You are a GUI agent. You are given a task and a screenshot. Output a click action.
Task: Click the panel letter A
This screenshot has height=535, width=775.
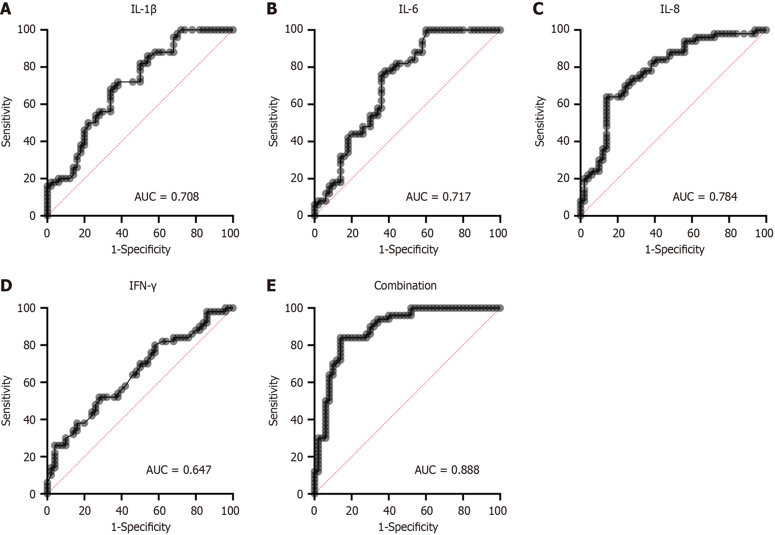(6, 9)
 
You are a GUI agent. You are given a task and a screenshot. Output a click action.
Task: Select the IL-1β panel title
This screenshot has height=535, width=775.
(144, 9)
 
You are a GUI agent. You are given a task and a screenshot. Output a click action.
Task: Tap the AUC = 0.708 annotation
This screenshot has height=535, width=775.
(166, 197)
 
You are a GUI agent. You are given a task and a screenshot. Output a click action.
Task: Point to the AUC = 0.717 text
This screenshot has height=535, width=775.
(438, 197)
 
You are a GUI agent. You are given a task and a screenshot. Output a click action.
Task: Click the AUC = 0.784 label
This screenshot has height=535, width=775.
(705, 197)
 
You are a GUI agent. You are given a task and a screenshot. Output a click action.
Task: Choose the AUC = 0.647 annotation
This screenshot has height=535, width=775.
(178, 470)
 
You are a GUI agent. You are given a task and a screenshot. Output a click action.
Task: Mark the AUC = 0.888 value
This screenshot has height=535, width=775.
(447, 470)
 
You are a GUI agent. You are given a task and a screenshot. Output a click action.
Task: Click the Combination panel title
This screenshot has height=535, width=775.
(405, 286)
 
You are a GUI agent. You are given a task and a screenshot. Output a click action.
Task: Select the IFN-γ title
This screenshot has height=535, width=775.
(143, 286)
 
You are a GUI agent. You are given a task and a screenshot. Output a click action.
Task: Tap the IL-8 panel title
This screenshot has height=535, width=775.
(670, 9)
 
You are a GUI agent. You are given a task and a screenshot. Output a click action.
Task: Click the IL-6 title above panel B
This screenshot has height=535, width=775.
(408, 9)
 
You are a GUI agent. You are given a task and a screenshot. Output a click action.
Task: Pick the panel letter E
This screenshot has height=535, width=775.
(271, 286)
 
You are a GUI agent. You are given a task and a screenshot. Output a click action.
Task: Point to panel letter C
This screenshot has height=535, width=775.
(538, 9)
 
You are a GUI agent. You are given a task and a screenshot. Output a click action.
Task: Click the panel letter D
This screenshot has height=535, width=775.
(6, 286)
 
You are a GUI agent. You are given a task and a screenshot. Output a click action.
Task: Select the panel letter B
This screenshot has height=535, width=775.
(272, 9)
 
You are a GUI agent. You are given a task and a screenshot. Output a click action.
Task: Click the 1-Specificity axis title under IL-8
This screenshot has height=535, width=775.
(675, 249)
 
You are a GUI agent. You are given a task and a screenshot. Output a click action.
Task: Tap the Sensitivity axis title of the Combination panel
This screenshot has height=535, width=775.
(274, 401)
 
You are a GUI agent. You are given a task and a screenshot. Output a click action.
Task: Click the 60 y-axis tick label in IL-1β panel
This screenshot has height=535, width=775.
(29, 104)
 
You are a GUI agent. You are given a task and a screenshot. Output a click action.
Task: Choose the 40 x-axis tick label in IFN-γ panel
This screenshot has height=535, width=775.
(122, 511)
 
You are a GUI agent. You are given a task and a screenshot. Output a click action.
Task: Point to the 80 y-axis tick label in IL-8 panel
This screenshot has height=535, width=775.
(563, 66)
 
